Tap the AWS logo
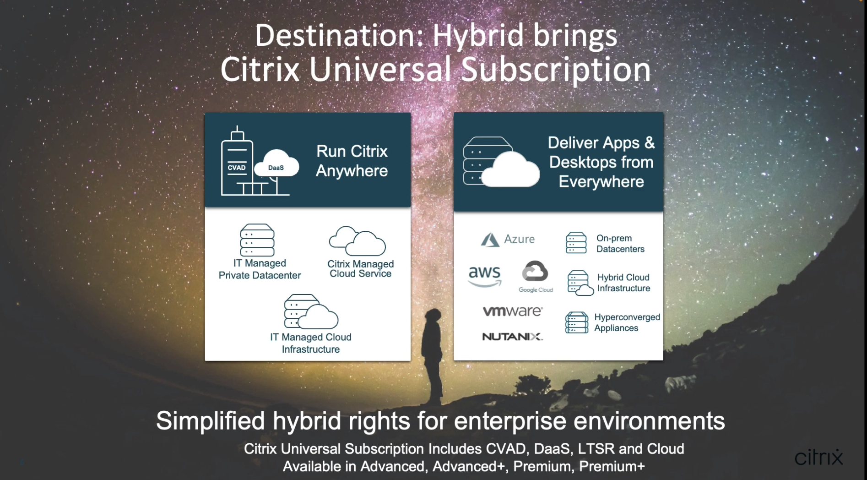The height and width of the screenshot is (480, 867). [x=484, y=276]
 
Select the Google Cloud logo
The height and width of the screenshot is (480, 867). [x=536, y=277]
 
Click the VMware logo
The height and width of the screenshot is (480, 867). [x=513, y=311]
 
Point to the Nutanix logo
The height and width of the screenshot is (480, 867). [x=513, y=337]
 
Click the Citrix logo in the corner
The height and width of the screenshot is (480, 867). [x=818, y=457]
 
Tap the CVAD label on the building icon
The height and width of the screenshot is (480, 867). [x=237, y=168]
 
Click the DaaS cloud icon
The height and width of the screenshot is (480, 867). [x=276, y=164]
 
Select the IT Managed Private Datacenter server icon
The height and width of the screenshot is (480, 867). [x=257, y=240]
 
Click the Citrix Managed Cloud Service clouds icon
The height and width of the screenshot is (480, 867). [x=358, y=241]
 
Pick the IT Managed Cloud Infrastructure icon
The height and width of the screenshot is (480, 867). [x=311, y=311]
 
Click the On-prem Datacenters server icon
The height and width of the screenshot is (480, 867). [x=576, y=243]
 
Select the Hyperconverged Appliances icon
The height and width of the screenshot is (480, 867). [x=577, y=322]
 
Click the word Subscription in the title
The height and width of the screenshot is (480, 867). [x=556, y=70]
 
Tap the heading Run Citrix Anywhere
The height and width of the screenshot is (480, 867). [x=352, y=161]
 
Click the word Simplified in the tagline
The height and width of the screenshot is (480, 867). [x=211, y=421]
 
